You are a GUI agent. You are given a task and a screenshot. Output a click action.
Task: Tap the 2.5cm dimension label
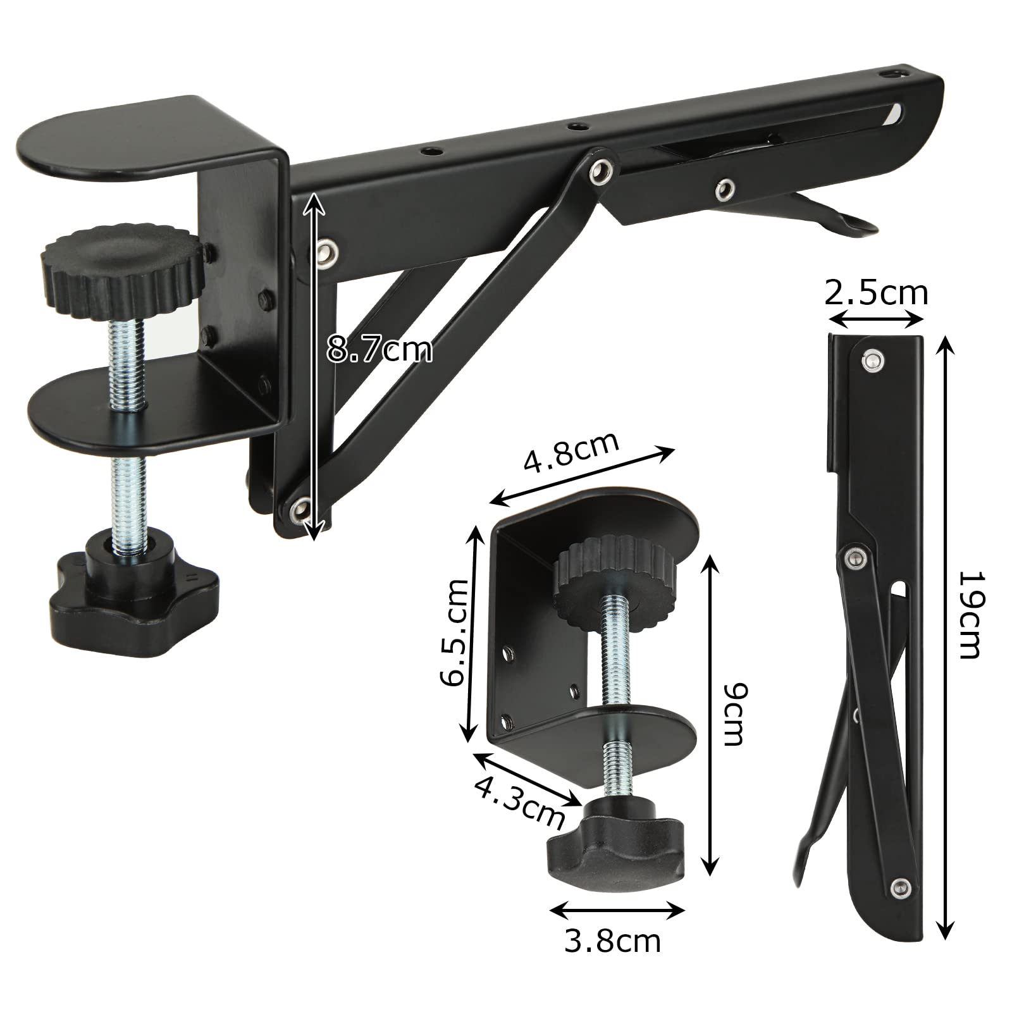coord(876,293)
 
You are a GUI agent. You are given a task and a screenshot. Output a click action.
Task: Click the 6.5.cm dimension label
coord(455,632)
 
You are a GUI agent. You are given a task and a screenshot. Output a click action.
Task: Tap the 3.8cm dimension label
coord(612,941)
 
